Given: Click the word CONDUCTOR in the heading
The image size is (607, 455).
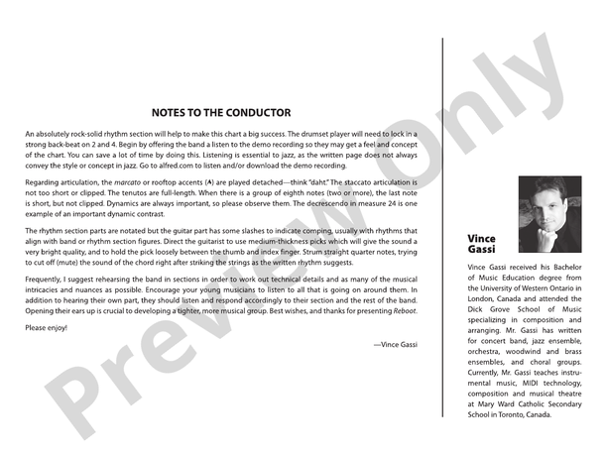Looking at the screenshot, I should (x=256, y=113).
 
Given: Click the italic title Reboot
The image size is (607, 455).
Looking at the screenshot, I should (x=403, y=311).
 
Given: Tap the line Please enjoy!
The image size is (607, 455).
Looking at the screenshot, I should (x=47, y=327).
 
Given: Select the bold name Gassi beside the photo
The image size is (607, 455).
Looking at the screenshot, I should (x=481, y=251).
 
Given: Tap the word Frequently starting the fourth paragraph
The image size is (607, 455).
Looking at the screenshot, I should (x=49, y=282).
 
